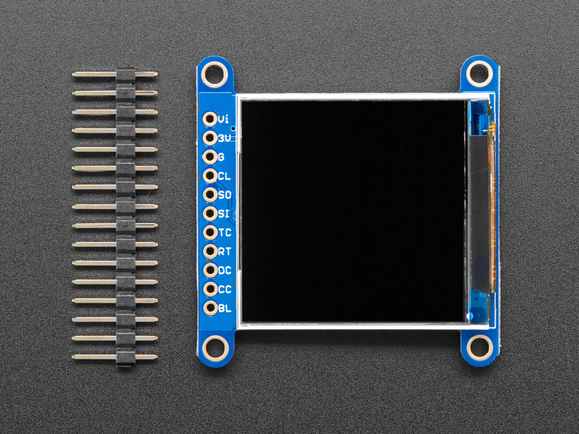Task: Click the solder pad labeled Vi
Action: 210,119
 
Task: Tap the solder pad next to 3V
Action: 210,138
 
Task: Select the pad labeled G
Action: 210,157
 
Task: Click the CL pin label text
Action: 224,176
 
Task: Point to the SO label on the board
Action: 225,195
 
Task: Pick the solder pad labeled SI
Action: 210,214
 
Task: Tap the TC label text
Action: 225,233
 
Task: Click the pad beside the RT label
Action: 210,251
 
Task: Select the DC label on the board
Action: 225,271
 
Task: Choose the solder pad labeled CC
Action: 210,289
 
